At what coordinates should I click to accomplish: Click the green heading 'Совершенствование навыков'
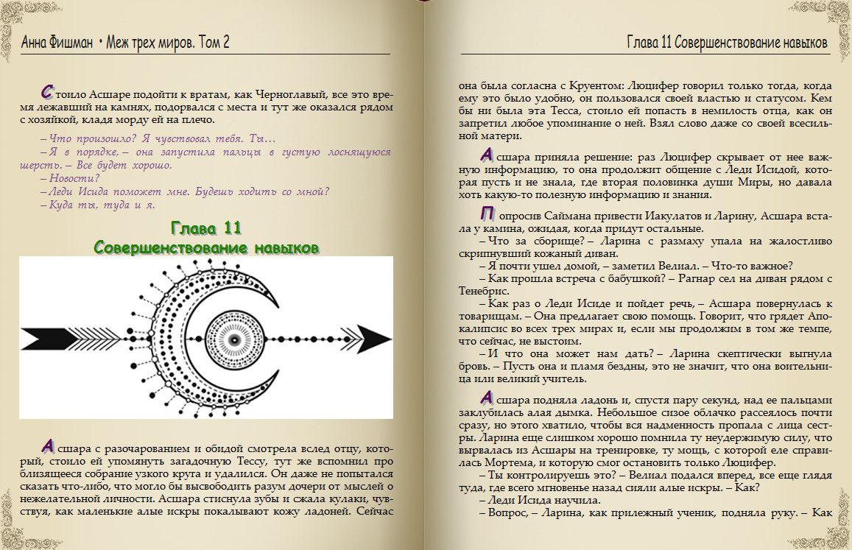[x=206, y=247]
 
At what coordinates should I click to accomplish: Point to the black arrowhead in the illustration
[x=376, y=340]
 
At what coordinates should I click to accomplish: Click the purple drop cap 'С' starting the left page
[x=48, y=92]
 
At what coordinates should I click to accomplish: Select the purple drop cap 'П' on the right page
[x=486, y=214]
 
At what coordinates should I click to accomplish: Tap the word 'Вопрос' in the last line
[x=508, y=513]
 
